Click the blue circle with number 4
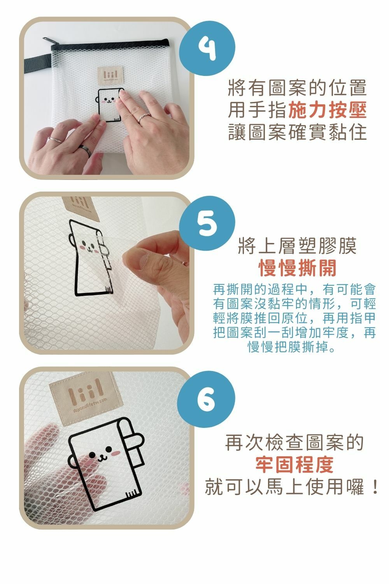coord(207,49)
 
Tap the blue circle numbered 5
coord(207,224)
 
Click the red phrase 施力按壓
coord(328,110)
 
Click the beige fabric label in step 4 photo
coord(110,75)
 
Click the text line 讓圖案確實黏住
coord(297,132)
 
